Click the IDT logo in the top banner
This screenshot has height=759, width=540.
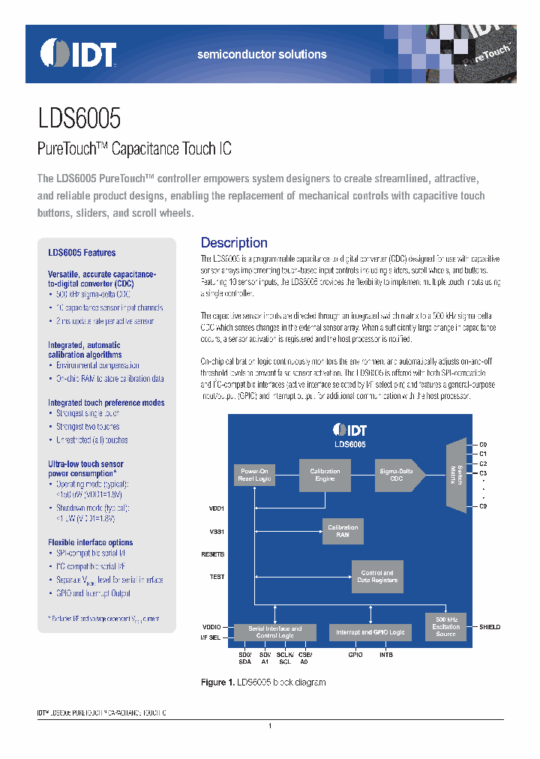tap(79, 54)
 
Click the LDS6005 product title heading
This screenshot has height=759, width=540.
tap(79, 118)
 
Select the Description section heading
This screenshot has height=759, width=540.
tap(234, 242)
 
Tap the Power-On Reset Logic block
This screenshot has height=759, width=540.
tap(255, 475)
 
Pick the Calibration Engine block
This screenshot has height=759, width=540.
tap(325, 475)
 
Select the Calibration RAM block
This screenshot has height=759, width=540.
tap(342, 531)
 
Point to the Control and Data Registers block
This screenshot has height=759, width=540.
tap(377, 576)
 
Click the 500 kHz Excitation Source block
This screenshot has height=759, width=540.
tap(445, 626)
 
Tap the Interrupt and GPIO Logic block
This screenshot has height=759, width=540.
tap(370, 632)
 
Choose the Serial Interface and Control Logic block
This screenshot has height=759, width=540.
tap(275, 632)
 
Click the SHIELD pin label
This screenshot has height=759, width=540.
tap(490, 626)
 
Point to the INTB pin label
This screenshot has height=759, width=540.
tap(386, 655)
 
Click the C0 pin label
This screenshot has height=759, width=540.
tap(484, 445)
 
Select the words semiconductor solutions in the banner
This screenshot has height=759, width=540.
tap(262, 55)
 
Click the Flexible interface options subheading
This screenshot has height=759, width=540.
tap(90, 542)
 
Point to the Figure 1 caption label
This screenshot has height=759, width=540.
tap(218, 682)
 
